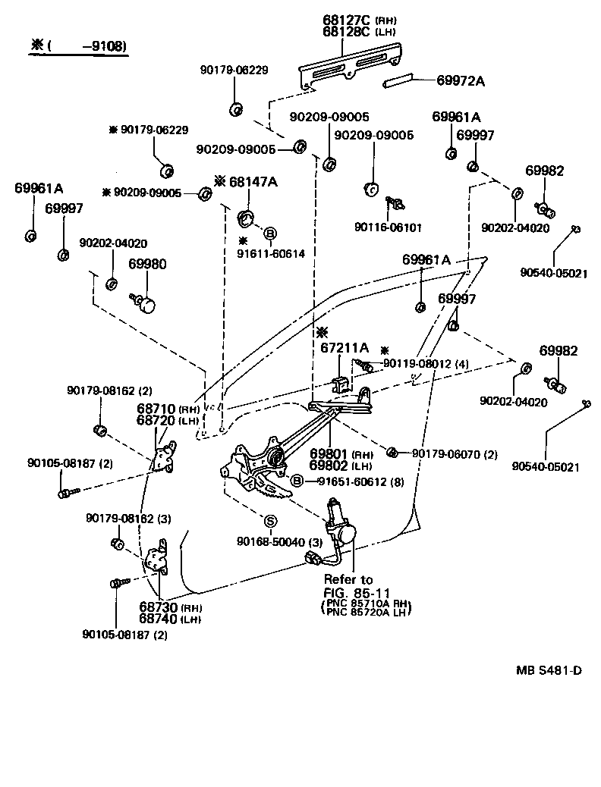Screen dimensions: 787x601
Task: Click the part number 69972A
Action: pos(461,80)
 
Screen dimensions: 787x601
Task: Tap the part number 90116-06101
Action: pos(388,226)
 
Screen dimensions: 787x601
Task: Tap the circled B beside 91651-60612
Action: pos(297,481)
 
